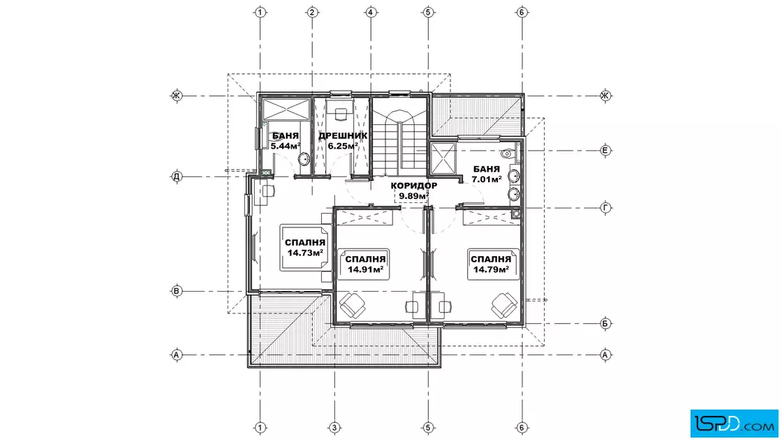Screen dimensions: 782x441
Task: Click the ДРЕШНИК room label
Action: (343, 135)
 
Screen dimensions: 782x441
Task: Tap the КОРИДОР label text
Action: (414, 186)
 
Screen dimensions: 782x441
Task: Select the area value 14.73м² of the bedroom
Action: (304, 253)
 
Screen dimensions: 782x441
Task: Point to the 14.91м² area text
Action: (365, 269)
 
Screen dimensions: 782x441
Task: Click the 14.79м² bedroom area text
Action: (491, 269)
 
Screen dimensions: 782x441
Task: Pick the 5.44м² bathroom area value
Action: (286, 146)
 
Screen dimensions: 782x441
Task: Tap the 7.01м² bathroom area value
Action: (486, 179)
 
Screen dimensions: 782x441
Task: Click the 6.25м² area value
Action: (343, 146)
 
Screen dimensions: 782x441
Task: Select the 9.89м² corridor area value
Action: (414, 196)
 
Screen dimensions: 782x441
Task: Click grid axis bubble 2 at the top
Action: (312, 12)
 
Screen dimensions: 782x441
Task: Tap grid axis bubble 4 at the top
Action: (371, 12)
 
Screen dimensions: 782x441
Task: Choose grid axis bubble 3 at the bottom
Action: (334, 428)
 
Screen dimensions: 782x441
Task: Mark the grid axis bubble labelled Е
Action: (605, 151)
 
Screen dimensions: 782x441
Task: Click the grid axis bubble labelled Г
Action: (605, 208)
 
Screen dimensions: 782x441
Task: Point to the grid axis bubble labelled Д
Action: (177, 177)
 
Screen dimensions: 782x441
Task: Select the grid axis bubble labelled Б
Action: (605, 323)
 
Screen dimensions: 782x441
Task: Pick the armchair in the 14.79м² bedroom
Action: (504, 305)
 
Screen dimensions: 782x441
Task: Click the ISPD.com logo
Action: (734, 423)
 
